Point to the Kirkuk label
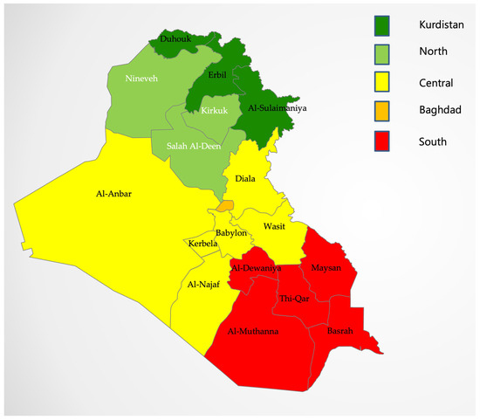click(x=215, y=111)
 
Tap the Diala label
click(x=246, y=179)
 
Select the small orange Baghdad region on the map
click(x=226, y=205)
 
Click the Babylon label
click(x=232, y=233)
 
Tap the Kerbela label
click(x=204, y=244)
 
